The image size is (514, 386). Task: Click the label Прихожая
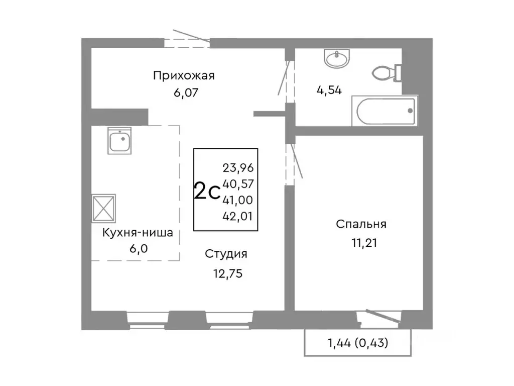pyautogui.click(x=184, y=76)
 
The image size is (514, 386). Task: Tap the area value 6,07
pyautogui.click(x=184, y=92)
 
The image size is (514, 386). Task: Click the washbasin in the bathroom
pyautogui.click(x=336, y=59)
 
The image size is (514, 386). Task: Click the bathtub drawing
pyautogui.click(x=384, y=111)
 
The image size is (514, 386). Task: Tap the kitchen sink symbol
pyautogui.click(x=120, y=140)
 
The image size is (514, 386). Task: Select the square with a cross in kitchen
pyautogui.click(x=104, y=207)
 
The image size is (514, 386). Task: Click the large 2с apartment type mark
pyautogui.click(x=206, y=191)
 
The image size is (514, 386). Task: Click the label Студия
pyautogui.click(x=226, y=254)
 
